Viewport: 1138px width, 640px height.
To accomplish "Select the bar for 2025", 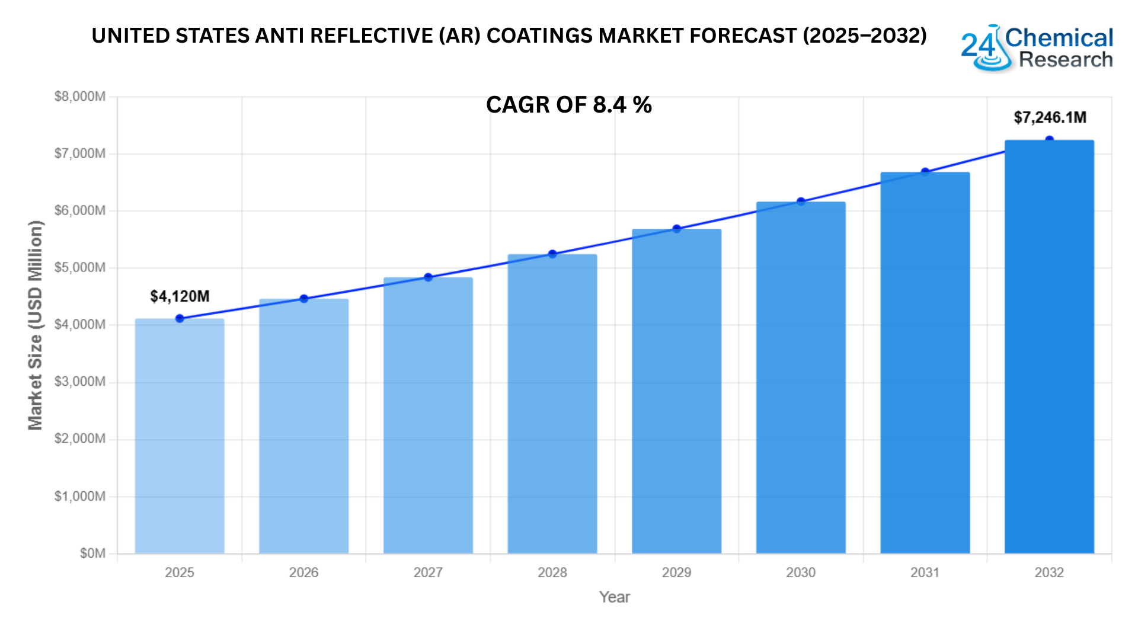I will (180, 436).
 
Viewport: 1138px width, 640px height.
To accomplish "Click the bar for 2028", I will (552, 404).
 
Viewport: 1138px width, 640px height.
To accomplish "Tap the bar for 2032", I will (1049, 347).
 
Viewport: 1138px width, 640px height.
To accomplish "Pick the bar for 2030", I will (801, 377).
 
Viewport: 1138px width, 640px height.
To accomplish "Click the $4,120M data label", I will (180, 296).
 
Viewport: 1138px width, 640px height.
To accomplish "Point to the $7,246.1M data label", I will (1050, 117).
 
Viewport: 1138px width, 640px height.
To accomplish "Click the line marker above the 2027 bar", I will (428, 277).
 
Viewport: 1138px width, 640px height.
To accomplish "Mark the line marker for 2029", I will (676, 229).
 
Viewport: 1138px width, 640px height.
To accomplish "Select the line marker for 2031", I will (925, 172).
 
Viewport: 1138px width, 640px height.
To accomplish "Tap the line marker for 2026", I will (304, 299).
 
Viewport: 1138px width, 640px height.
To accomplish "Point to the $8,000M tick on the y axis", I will (80, 97).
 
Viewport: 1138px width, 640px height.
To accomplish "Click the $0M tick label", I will (92, 553).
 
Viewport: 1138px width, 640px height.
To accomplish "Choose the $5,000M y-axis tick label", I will (80, 268).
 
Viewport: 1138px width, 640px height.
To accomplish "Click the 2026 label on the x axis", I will (303, 572).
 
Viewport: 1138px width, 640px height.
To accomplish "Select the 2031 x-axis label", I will (925, 572).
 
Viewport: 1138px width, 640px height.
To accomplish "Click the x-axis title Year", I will (614, 597).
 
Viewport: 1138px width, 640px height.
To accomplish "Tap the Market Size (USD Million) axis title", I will (36, 325).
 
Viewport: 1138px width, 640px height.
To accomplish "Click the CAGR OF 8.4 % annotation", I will (568, 105).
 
